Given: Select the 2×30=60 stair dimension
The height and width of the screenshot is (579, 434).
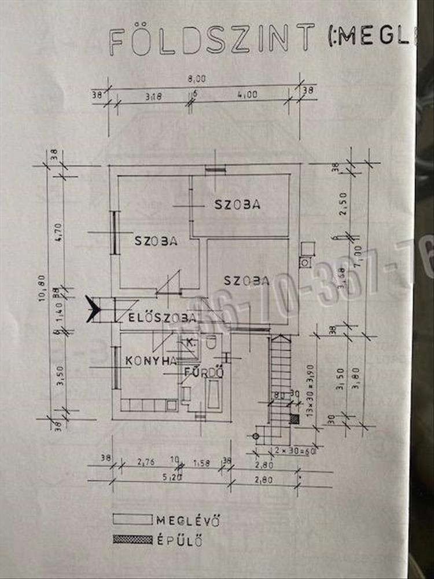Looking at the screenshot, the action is pos(284,450).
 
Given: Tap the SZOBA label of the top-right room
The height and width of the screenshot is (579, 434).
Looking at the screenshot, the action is pos(237,204).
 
